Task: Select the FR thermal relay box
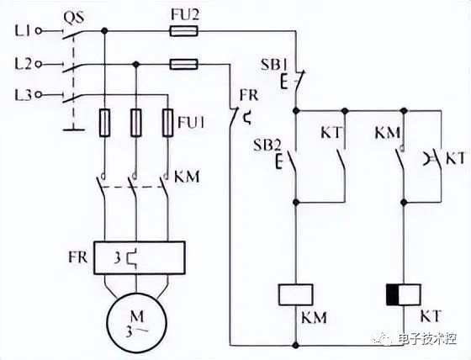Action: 139,257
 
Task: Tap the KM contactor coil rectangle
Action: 296,294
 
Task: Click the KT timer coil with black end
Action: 404,294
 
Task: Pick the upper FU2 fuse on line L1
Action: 184,30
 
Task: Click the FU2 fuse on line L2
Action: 184,64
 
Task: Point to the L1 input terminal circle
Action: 39,30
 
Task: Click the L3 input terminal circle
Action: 39,95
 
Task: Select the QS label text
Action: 74,18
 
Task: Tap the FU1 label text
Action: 191,122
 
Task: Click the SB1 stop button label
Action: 274,65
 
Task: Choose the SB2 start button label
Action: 267,146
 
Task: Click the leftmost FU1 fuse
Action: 104,123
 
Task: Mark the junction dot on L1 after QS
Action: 104,30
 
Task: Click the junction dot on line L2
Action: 136,64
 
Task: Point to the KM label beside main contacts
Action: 187,177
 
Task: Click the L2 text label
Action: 24,64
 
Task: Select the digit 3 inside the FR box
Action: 117,259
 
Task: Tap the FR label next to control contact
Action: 249,95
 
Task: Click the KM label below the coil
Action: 314,317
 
